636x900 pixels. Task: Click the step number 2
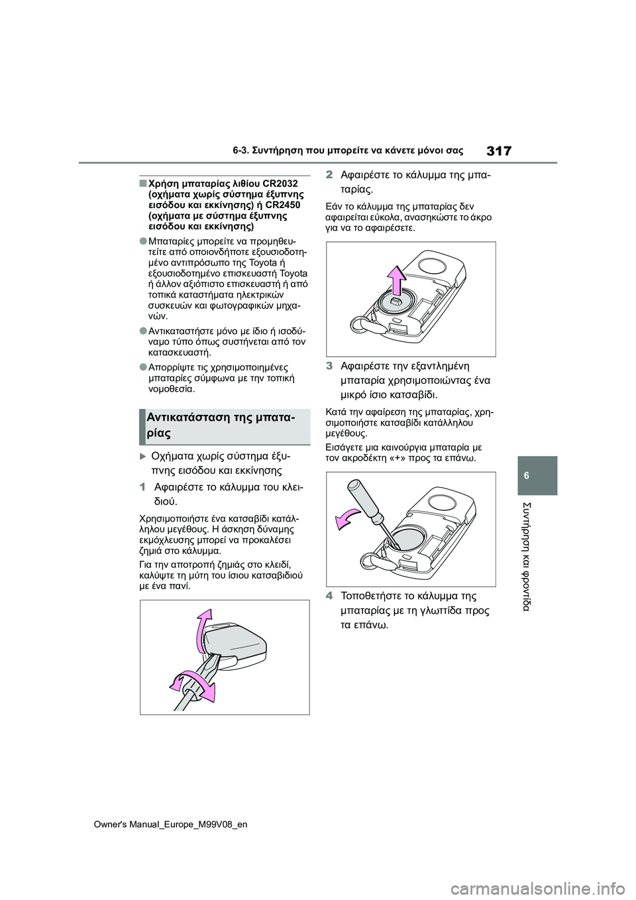[x=330, y=176]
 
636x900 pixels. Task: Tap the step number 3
[x=330, y=366]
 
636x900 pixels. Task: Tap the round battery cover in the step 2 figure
[x=396, y=304]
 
